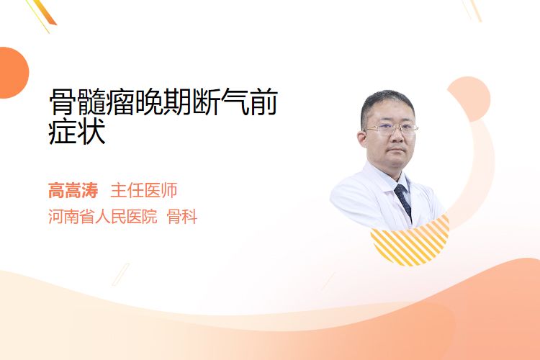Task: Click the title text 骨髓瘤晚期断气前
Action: click(163, 102)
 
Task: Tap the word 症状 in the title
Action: click(77, 132)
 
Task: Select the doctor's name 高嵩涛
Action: click(73, 190)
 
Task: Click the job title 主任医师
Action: click(144, 190)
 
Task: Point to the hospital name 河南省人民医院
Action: click(103, 217)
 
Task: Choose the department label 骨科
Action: click(182, 217)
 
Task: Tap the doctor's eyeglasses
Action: click(390, 129)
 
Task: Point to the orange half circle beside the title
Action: click(13, 73)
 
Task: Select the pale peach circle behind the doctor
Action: click(469, 98)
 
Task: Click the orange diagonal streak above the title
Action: click(44, 12)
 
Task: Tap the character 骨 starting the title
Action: click(63, 102)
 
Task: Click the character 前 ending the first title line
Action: click(264, 102)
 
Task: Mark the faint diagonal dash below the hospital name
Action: click(121, 274)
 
